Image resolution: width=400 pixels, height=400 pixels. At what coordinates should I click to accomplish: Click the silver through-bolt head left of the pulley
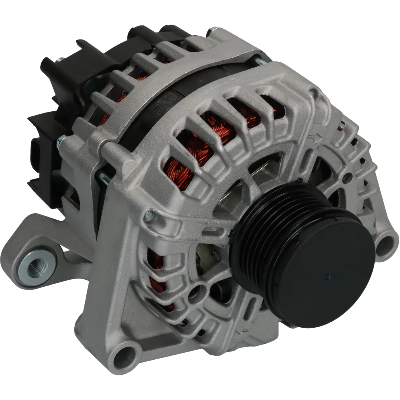[x=150, y=216]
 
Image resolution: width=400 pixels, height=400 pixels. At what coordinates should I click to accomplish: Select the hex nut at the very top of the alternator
[x=213, y=30]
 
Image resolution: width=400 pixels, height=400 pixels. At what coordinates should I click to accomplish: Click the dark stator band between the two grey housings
[x=156, y=113]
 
